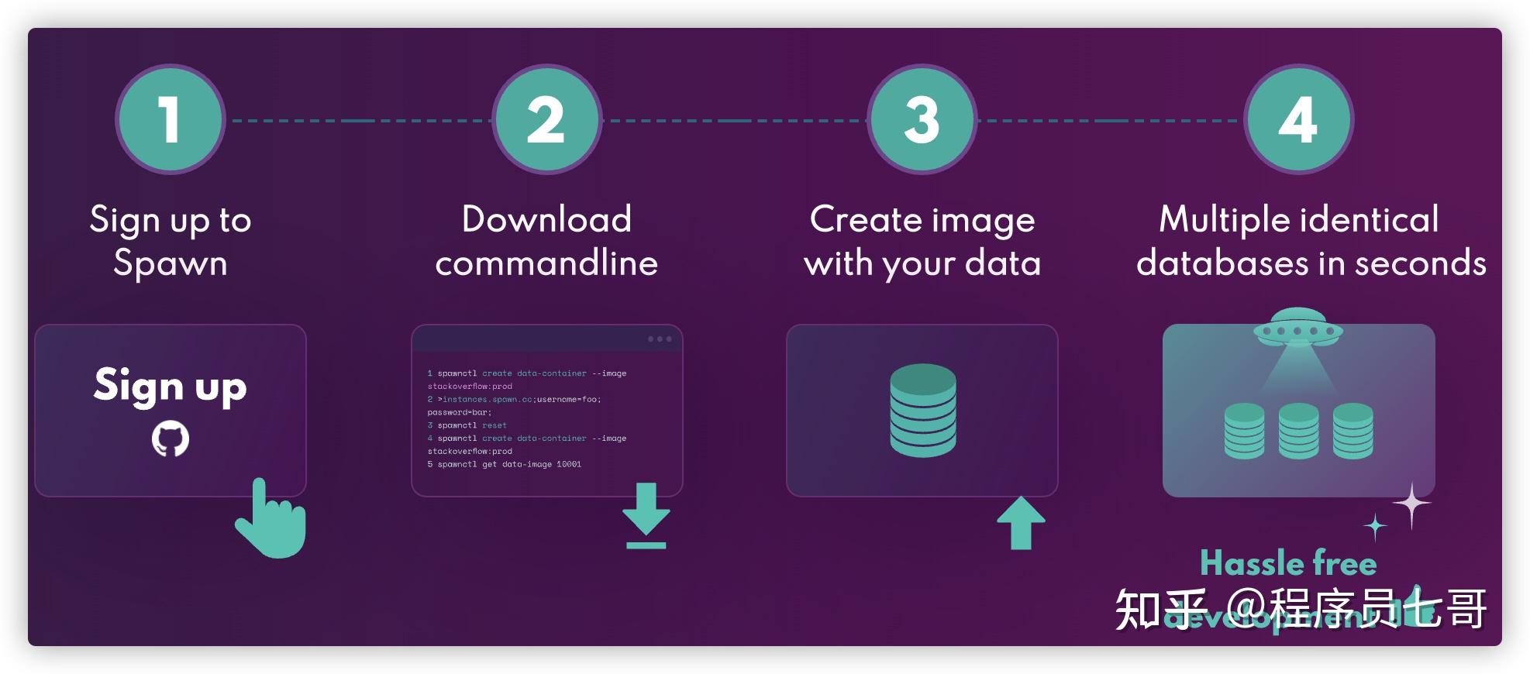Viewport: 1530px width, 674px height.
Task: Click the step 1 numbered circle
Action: coord(170,119)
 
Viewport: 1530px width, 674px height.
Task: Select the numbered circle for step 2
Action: coord(546,119)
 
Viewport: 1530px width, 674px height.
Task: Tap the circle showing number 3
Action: coord(922,119)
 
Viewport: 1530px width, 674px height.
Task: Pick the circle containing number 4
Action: coord(1298,119)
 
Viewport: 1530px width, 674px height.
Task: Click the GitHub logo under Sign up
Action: coord(171,438)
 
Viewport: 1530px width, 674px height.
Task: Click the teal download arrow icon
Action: coord(646,514)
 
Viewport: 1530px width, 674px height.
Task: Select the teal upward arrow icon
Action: coord(1021,522)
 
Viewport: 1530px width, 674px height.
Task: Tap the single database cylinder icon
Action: coord(922,410)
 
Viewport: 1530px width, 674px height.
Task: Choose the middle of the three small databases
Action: coord(1298,431)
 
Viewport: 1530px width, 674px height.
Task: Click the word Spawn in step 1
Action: coord(171,263)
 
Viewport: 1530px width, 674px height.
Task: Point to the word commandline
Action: coord(546,263)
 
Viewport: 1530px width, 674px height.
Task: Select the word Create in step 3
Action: coord(854,220)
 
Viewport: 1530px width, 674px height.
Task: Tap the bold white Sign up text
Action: coord(171,386)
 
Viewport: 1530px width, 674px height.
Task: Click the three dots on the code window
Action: coord(660,339)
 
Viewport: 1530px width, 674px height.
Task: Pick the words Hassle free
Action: coord(1288,563)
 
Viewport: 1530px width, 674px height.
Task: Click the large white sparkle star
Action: coord(1412,505)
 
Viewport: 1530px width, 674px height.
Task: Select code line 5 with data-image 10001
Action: coord(505,464)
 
